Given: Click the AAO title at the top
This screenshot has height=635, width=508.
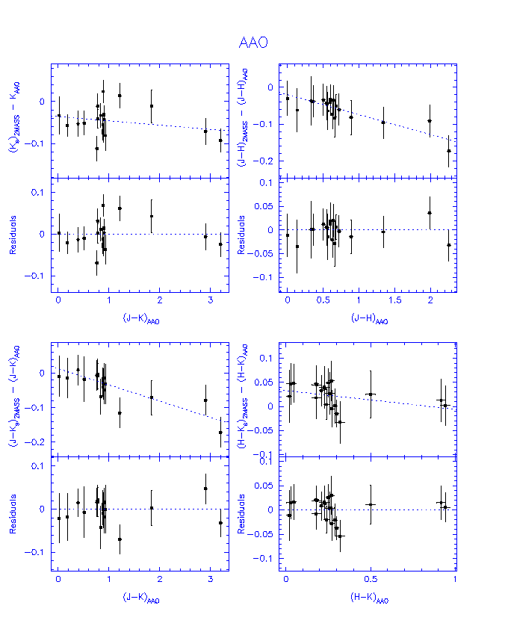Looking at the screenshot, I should [253, 43].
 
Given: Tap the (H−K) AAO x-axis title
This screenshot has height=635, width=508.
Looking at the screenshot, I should [369, 598].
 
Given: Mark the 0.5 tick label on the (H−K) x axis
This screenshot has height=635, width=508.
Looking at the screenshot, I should [370, 578].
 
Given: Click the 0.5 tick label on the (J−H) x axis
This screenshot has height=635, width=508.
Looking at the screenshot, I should [323, 299].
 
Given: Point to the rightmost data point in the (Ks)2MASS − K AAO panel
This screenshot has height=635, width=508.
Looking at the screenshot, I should [220, 140].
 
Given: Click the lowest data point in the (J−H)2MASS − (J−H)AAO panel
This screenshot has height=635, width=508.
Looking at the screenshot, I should [449, 151].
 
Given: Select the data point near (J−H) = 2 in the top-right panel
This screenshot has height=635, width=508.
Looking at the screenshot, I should [430, 121].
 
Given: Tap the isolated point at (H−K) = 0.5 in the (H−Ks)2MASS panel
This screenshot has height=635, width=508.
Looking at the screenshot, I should [371, 394].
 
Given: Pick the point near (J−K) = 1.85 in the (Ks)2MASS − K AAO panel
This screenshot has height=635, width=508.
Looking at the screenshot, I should [152, 106].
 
